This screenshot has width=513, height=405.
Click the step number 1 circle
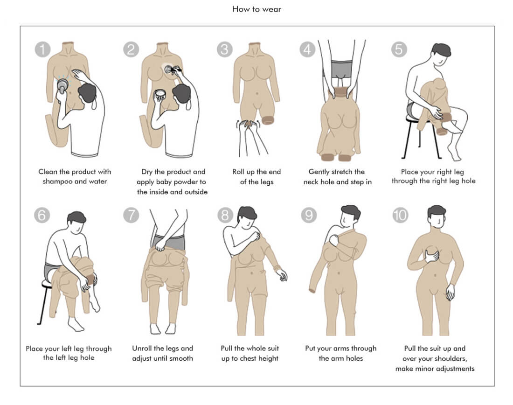[42, 49]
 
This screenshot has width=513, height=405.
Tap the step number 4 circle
[307, 49]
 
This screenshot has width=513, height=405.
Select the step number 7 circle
[131, 215]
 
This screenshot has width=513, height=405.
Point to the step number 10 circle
[400, 215]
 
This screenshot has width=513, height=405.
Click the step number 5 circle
[399, 49]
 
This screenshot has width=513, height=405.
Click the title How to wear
[257, 9]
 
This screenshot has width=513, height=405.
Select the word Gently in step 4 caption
[319, 172]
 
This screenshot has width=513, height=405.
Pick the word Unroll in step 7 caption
[142, 349]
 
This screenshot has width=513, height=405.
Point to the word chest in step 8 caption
[248, 358]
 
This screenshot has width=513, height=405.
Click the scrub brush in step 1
[62, 85]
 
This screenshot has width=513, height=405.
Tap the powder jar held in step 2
[160, 95]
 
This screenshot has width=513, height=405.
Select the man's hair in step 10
[437, 212]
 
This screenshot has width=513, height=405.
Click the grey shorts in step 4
[341, 70]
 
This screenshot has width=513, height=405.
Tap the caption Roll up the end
[256, 172]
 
